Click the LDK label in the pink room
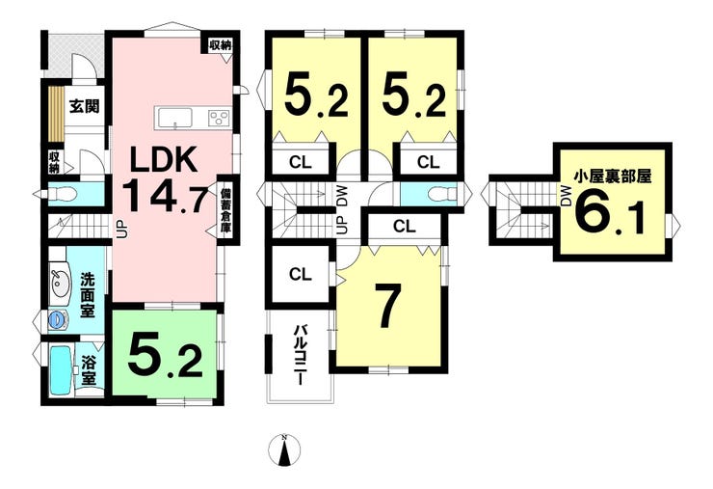tap(163, 159)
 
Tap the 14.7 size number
tap(165, 196)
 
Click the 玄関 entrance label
tap(84, 106)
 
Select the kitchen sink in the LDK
tap(175, 118)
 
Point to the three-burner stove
tap(219, 119)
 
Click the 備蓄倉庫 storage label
tap(225, 210)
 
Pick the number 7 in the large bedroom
tap(388, 305)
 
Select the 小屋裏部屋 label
tap(612, 177)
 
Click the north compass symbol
tap(284, 450)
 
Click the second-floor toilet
tap(442, 194)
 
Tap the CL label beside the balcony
tap(300, 274)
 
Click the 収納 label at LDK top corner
tap(221, 45)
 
